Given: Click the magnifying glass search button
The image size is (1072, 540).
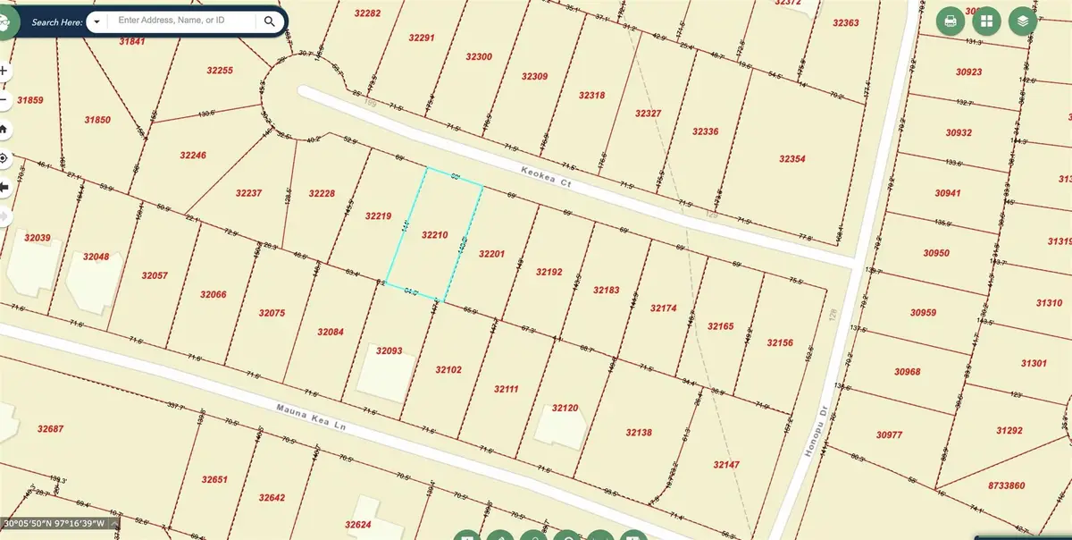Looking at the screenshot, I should click(x=269, y=21).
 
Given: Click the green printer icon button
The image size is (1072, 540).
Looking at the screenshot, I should click(x=950, y=21).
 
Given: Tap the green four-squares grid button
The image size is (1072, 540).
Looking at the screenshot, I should click(x=986, y=21).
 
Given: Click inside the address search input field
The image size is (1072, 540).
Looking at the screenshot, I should click(x=184, y=20).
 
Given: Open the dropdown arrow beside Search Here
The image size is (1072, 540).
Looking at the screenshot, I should click(x=96, y=21).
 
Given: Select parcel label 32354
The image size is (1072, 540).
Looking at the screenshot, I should click(x=791, y=158).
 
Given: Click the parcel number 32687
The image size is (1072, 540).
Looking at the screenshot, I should click(x=51, y=429).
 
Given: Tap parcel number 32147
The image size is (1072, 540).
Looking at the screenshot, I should click(x=727, y=465).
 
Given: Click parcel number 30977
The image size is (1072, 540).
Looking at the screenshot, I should click(x=890, y=435).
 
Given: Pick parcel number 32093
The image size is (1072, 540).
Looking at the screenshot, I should click(x=389, y=350).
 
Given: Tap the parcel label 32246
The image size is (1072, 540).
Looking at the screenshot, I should click(x=193, y=155).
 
